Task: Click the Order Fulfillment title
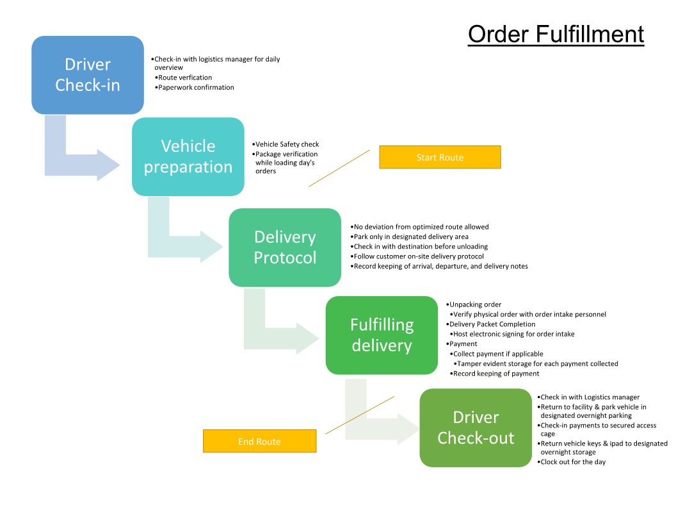[x=556, y=35]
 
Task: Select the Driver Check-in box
[x=88, y=75]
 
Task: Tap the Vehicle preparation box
[x=188, y=156]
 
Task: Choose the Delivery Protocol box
[x=285, y=247]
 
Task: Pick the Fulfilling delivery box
[x=382, y=335]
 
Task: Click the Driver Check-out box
[x=476, y=428]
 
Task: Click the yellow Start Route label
[x=440, y=157]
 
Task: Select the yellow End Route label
[x=259, y=442]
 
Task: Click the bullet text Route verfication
[x=184, y=78]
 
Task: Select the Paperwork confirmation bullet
[x=196, y=87]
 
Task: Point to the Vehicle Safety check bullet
[x=286, y=144]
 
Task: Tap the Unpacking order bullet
[x=474, y=304]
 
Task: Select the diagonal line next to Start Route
[x=339, y=168]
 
